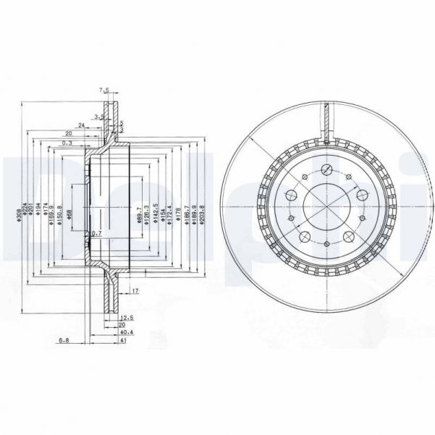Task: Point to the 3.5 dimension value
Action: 99,116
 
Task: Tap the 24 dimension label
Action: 83,125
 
